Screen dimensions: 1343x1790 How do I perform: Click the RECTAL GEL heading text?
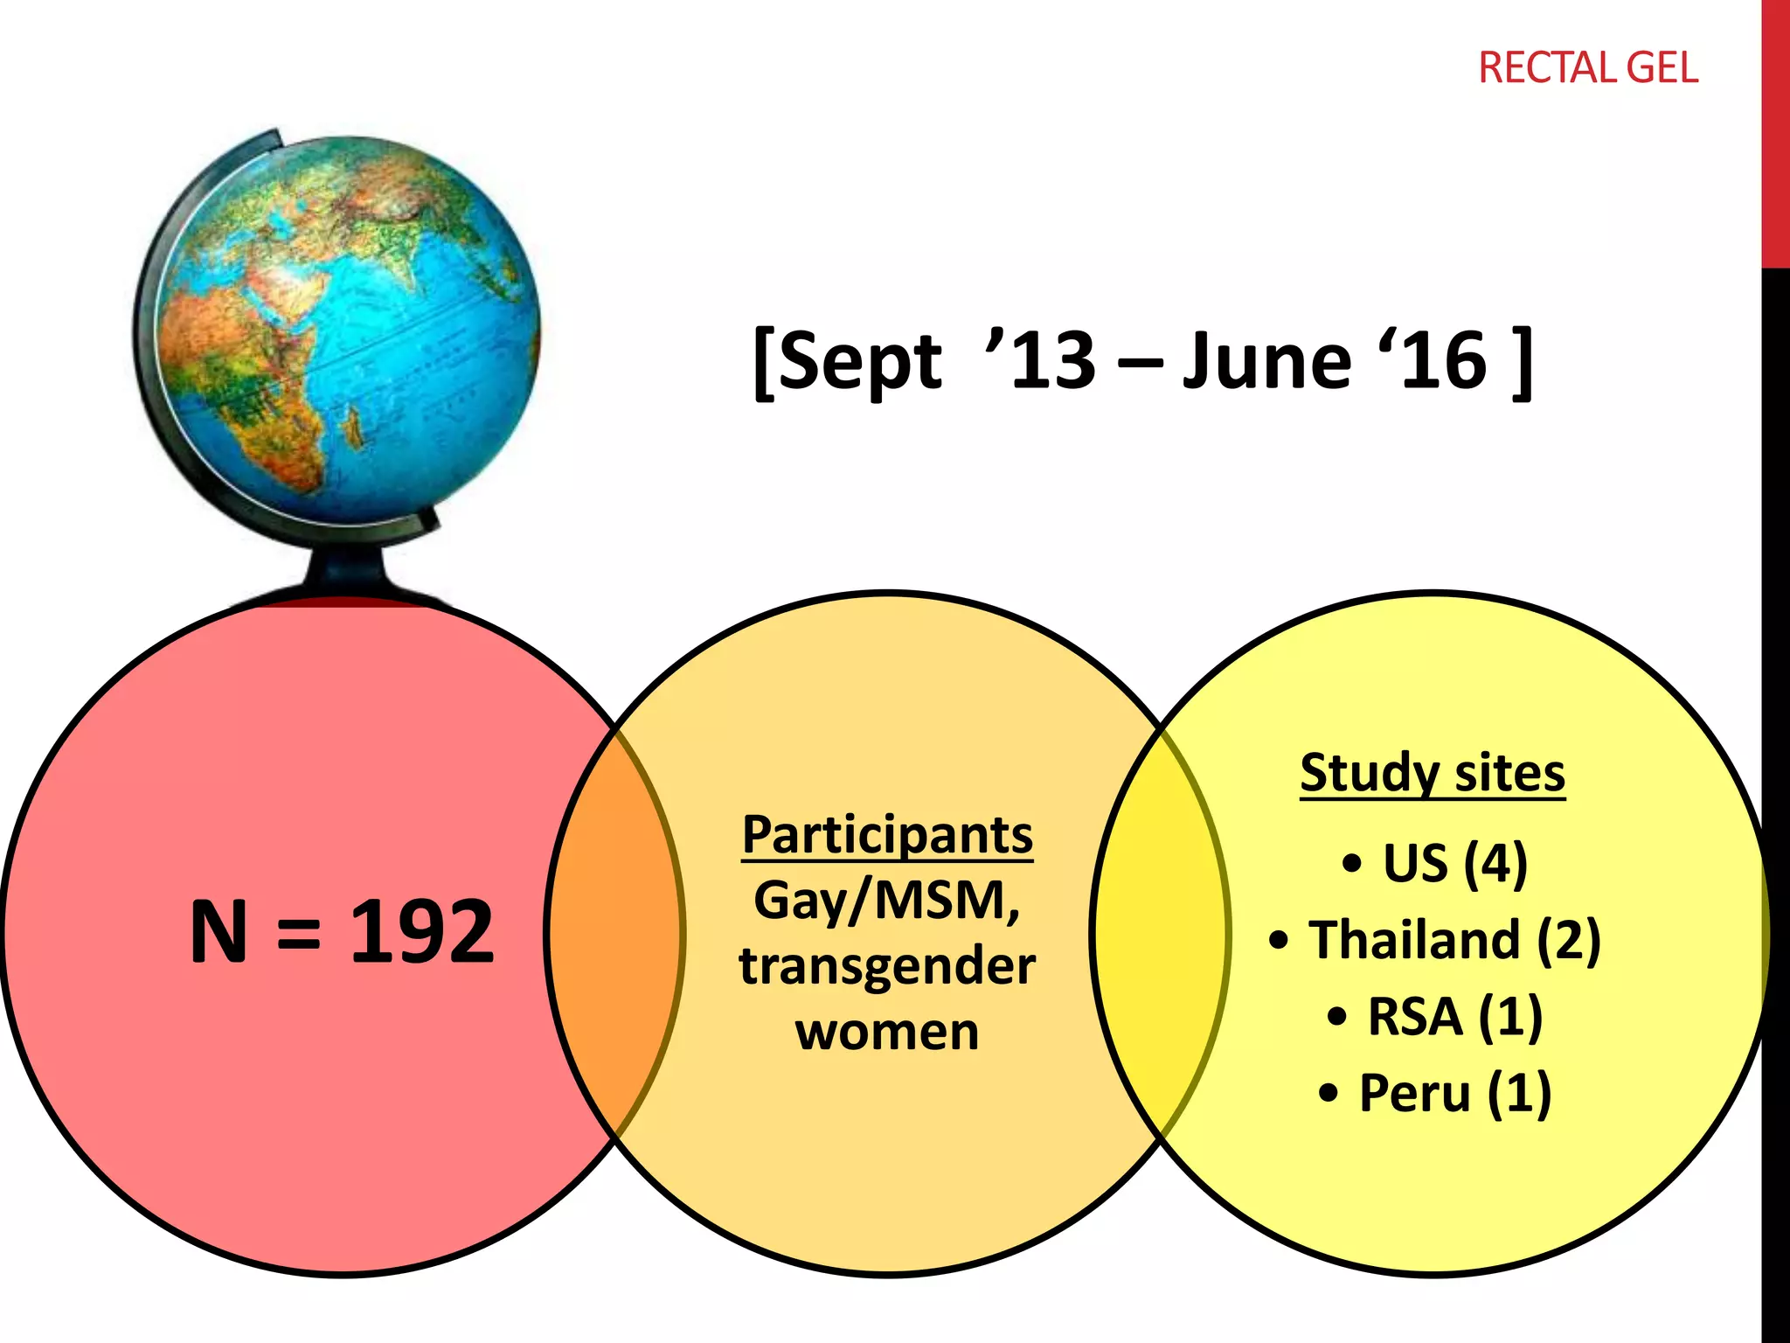click(1587, 68)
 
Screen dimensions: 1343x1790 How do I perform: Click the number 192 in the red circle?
click(422, 932)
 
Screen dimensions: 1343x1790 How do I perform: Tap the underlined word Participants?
click(887, 834)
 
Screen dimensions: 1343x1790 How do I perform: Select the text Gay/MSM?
click(887, 901)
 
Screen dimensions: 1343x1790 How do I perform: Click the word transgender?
click(887, 966)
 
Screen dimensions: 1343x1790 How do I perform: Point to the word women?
click(887, 1032)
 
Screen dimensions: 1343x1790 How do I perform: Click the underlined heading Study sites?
click(1432, 773)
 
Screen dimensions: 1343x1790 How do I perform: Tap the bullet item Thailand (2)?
click(1453, 940)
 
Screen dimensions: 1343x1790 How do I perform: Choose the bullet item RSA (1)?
click(1453, 1016)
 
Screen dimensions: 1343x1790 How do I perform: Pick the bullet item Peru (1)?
click(1453, 1093)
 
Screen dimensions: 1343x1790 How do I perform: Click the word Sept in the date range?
click(858, 362)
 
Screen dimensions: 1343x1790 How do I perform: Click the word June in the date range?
click(1267, 360)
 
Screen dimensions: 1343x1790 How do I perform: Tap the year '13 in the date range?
click(1042, 360)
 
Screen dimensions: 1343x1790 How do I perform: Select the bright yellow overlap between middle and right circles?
click(1161, 932)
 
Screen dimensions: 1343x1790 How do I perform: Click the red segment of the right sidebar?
click(1775, 131)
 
